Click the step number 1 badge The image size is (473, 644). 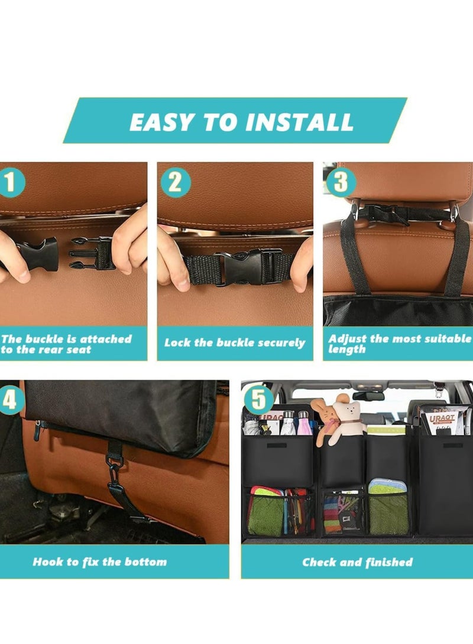(x=11, y=182)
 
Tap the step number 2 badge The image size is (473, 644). (x=175, y=182)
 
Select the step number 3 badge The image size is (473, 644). (x=341, y=182)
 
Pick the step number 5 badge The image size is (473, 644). (x=259, y=399)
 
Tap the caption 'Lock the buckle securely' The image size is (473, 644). (x=235, y=343)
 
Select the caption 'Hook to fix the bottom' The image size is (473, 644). (x=99, y=562)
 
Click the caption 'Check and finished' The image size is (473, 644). (x=357, y=562)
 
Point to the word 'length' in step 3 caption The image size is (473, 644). (x=346, y=349)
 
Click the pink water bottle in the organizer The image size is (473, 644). (x=304, y=423)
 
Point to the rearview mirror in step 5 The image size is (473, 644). (x=368, y=396)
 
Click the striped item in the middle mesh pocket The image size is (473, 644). (x=332, y=514)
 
